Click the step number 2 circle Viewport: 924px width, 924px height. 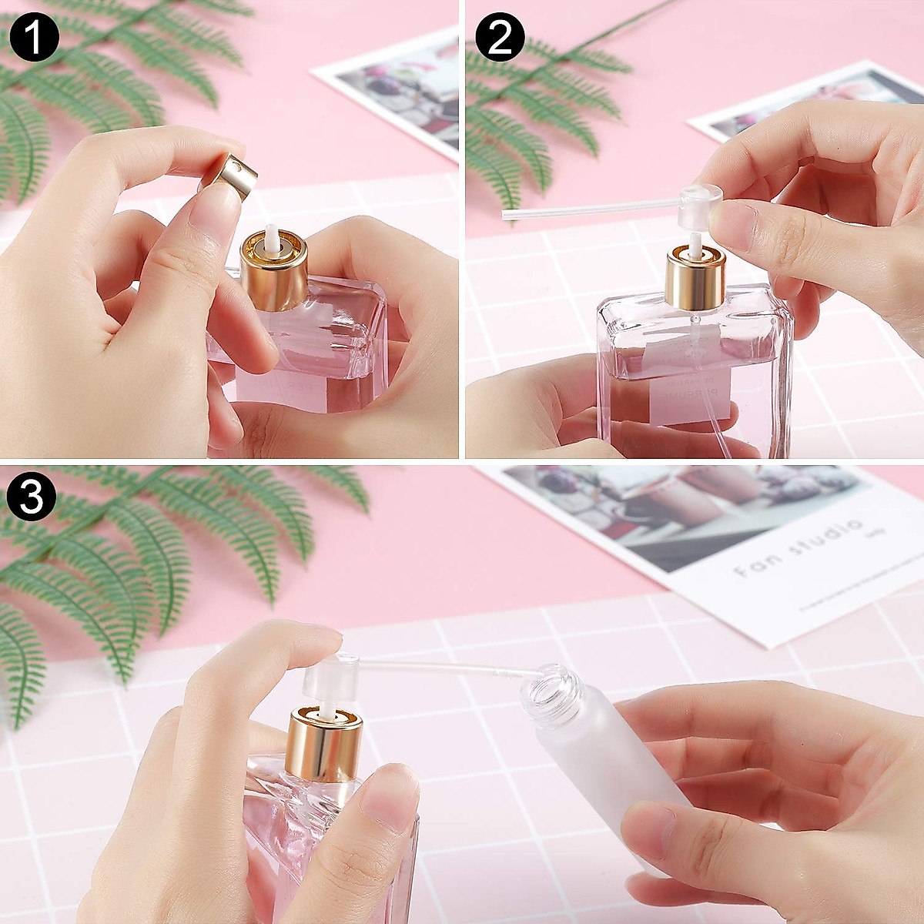[500, 36]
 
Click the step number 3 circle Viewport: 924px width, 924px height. [31, 498]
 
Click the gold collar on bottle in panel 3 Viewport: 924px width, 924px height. [323, 742]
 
